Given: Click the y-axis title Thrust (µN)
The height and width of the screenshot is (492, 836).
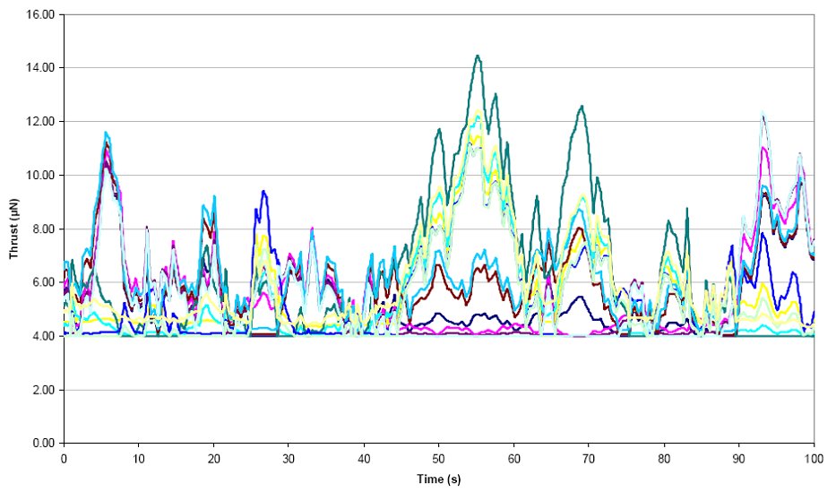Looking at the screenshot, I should tap(14, 229).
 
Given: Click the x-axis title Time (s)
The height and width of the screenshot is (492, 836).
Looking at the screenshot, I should tap(438, 479).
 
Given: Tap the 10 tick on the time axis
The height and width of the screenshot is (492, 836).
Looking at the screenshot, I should tap(139, 457).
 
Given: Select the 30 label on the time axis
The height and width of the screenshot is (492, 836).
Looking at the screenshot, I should tap(289, 457).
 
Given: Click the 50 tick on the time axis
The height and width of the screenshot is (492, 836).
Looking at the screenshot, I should tap(439, 457).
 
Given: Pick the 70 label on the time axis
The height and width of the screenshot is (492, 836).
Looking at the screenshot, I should tap(589, 457).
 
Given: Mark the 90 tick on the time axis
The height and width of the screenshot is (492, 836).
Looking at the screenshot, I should tap(739, 457).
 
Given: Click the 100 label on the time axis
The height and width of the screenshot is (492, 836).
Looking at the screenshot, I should tap(813, 457).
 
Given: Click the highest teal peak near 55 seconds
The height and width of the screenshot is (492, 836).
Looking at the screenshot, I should tap(478, 56).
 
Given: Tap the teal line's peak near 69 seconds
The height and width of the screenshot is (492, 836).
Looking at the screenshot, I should tap(582, 106).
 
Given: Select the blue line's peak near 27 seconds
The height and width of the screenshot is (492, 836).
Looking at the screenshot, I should tap(263, 191).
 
